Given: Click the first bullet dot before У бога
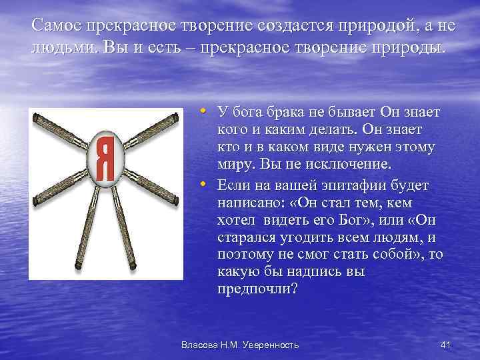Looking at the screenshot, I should point(204,111).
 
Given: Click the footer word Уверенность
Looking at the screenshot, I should point(267,345).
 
